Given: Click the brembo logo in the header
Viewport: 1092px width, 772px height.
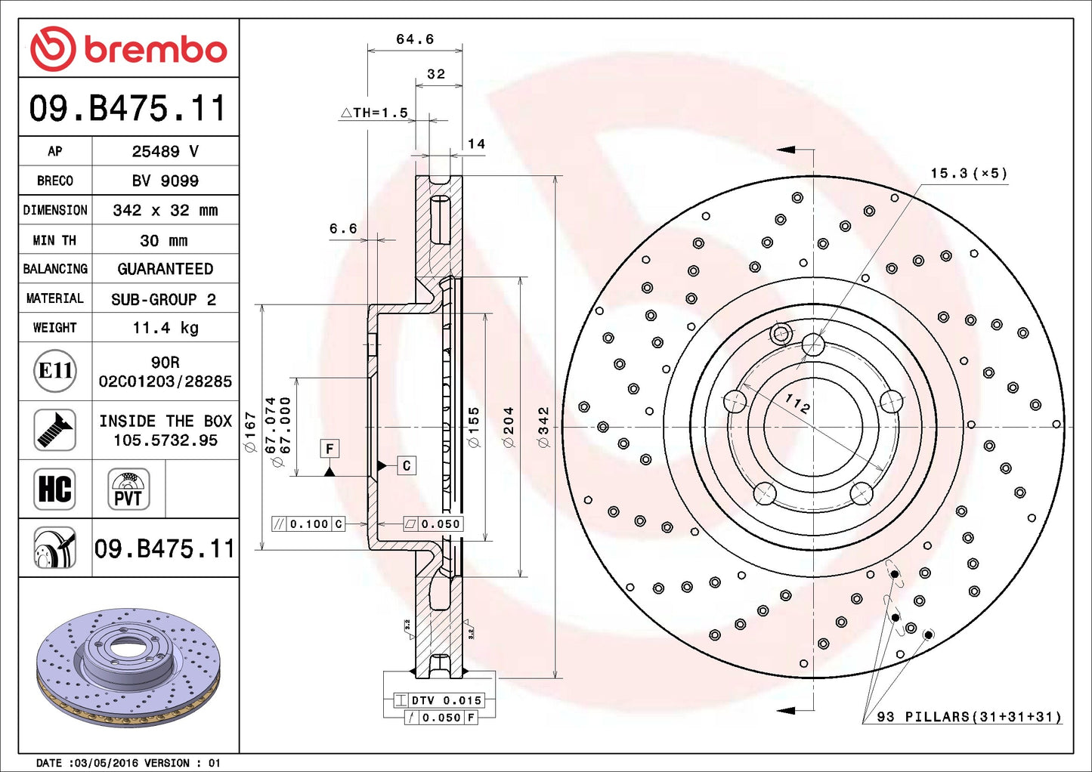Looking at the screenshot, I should point(128,49).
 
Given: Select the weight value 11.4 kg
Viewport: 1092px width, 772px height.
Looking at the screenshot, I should point(165,328).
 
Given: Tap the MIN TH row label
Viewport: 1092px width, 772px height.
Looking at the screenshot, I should point(54,240).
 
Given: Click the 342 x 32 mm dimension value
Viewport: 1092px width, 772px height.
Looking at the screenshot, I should point(165,210).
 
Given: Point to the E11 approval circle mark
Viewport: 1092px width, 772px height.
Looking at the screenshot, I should point(55,371).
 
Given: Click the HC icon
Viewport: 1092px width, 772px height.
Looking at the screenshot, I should point(55,489).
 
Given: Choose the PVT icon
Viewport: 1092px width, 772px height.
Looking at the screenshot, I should point(128,489).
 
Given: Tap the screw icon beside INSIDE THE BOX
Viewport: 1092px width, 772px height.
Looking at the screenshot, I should point(55,430).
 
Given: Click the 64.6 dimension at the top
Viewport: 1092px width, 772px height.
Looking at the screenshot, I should point(415,39).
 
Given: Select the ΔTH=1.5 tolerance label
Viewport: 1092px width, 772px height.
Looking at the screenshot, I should point(375,113).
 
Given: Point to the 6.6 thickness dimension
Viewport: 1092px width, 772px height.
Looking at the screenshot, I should point(343,229).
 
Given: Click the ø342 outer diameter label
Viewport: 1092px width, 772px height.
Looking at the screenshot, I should point(543,427).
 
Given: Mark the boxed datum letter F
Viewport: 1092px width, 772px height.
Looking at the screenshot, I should point(329,449).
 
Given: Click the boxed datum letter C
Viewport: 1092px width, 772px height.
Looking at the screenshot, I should point(407,465).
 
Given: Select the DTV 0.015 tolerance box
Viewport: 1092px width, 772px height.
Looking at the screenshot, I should point(438,700).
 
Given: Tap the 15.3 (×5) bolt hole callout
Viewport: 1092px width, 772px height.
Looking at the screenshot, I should point(968,174).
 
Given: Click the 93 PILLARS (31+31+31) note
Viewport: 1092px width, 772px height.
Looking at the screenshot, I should point(969,716).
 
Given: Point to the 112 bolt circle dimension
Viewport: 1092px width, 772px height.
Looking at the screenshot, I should point(797,404).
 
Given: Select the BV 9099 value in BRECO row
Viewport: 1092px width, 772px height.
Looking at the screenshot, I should point(165,181).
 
